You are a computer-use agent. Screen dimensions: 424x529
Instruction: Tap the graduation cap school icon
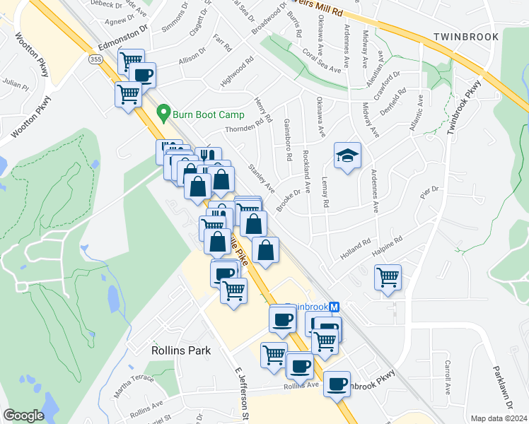pyautogui.click(x=347, y=156)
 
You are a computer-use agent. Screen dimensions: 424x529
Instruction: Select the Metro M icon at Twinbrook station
pyautogui.click(x=335, y=307)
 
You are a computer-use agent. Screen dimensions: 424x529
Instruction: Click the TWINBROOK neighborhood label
pyautogui.click(x=465, y=36)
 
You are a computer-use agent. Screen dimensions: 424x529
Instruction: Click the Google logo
pyautogui.click(x=24, y=416)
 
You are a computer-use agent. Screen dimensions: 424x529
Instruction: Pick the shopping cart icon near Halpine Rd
pyautogui.click(x=388, y=276)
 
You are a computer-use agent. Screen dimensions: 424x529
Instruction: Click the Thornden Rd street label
pyautogui.click(x=248, y=125)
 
